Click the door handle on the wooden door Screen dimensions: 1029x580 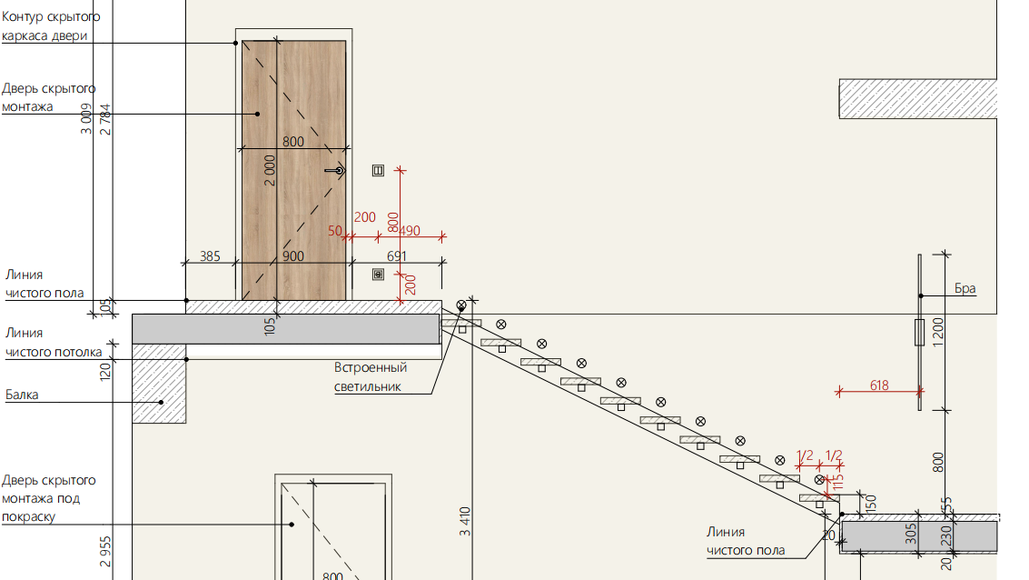(335, 171)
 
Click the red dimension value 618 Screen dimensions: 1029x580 (879, 385)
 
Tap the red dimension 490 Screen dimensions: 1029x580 (410, 231)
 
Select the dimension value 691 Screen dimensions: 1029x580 (396, 256)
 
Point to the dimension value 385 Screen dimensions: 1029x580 (210, 256)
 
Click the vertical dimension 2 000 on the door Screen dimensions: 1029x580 (270, 171)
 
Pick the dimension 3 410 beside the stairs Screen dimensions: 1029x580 (465, 522)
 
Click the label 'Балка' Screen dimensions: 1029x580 (22, 395)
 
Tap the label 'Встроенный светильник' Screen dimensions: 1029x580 (371, 377)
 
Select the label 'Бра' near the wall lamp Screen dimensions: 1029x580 (965, 288)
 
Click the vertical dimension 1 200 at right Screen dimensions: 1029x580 (938, 333)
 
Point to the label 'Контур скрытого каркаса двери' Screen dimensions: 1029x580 (51, 26)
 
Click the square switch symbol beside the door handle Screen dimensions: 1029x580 (378, 171)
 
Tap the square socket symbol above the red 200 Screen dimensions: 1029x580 (378, 275)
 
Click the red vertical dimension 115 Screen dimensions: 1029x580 (838, 482)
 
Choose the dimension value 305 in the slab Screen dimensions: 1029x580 (911, 534)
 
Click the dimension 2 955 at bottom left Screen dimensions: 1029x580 (105, 552)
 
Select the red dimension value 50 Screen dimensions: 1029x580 (335, 231)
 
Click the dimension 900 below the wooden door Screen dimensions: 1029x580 (293, 256)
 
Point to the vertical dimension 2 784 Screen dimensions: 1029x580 (105, 120)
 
